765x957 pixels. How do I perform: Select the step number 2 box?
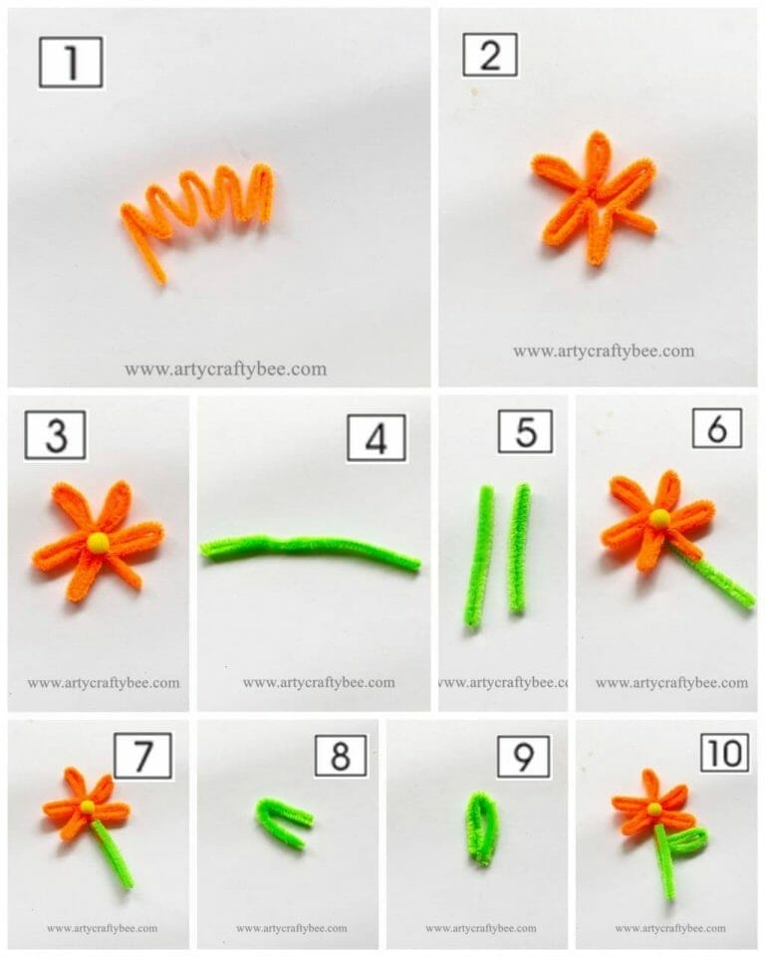click(490, 56)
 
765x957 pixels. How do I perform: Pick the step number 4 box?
click(376, 437)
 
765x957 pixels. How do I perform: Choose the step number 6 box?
click(717, 428)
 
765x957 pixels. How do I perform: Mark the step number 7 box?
click(142, 756)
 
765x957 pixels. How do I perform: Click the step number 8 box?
click(341, 756)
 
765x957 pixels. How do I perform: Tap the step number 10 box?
click(723, 753)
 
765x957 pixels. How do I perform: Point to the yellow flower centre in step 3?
click(97, 542)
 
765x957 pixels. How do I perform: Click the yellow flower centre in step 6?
click(658, 518)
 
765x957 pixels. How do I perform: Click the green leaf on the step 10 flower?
click(685, 839)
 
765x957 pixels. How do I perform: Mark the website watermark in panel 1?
click(225, 368)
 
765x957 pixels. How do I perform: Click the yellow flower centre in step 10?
click(653, 808)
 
